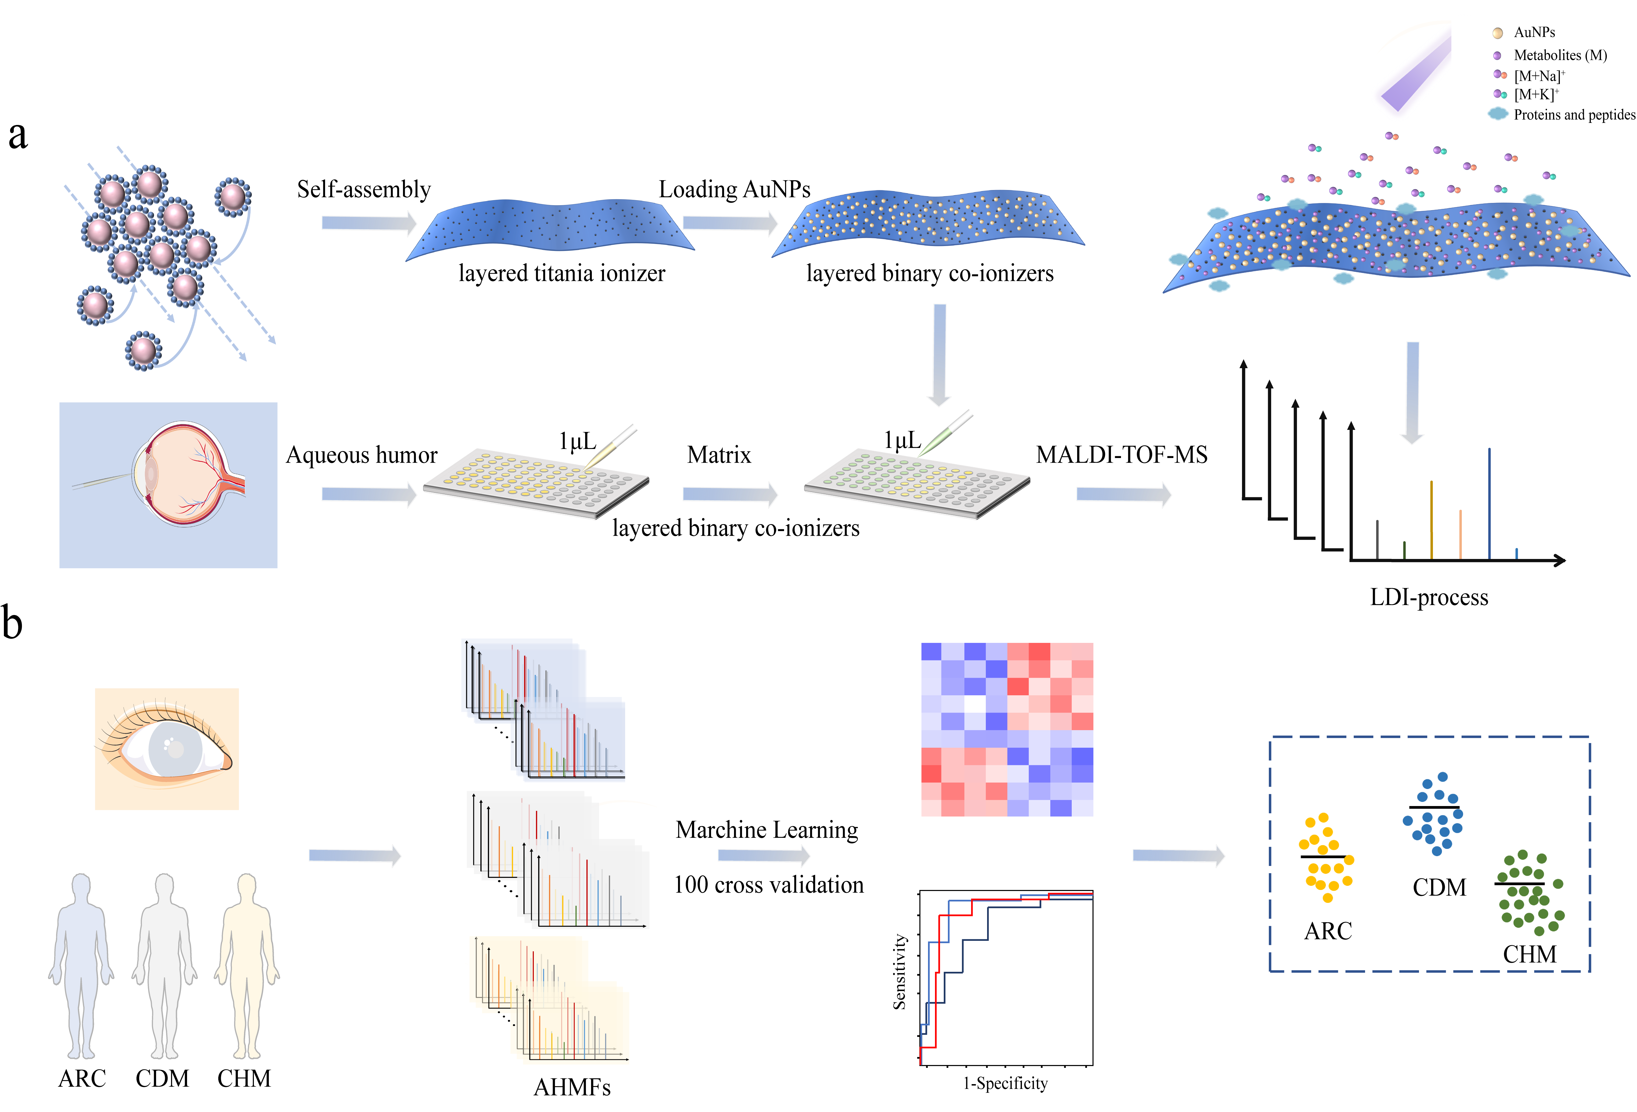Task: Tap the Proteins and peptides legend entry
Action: (1574, 115)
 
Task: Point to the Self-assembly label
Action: (364, 190)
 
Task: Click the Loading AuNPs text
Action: (734, 190)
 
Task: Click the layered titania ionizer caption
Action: (561, 273)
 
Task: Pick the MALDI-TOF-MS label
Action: (1121, 455)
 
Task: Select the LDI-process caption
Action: (1429, 598)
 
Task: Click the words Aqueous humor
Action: (361, 455)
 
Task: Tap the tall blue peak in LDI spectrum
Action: (1489, 504)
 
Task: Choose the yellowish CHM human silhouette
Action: (247, 965)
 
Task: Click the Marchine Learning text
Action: (766, 830)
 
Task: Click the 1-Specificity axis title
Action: (1005, 1083)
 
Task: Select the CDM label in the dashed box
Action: (1439, 887)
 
